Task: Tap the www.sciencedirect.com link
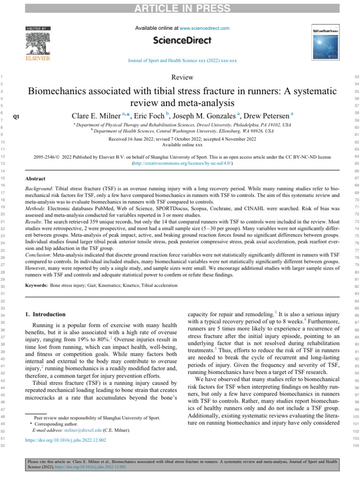coord(204,28)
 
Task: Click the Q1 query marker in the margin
coord(16,117)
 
